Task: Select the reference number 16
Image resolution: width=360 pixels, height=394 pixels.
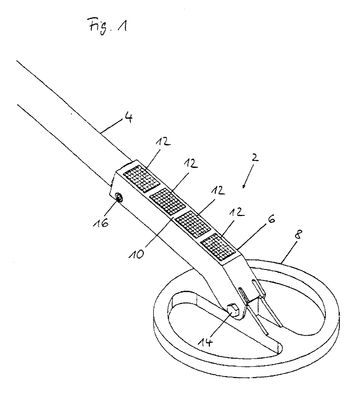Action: click(x=101, y=223)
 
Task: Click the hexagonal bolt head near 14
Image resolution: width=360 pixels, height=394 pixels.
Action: click(x=233, y=309)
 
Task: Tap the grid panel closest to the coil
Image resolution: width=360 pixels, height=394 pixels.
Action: click(x=218, y=247)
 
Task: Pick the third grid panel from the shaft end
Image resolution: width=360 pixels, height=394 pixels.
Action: click(x=193, y=224)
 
